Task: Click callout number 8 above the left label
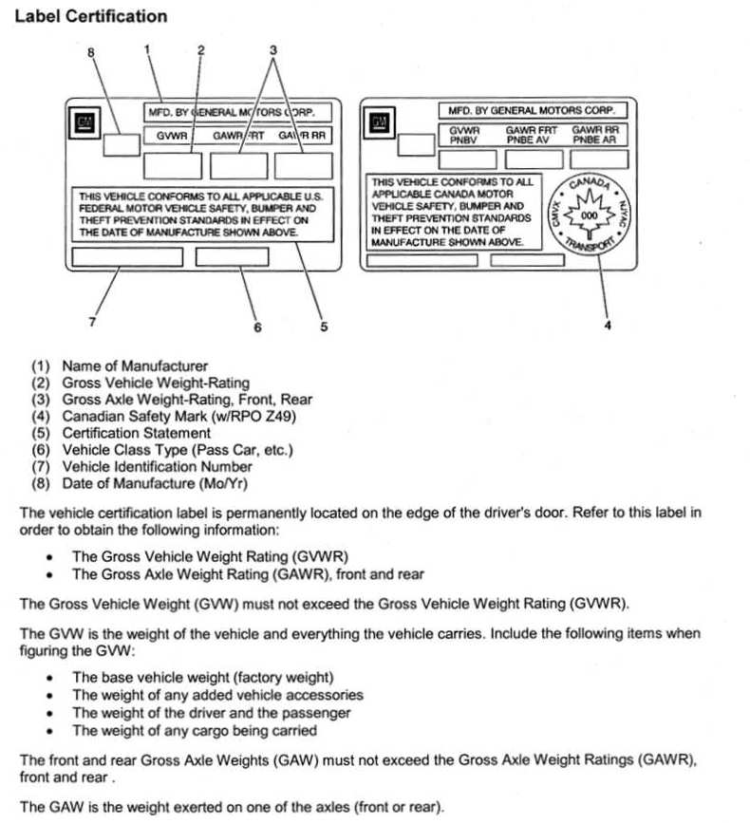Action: pos(92,53)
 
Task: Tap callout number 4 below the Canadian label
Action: pos(608,327)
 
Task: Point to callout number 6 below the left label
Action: pos(256,327)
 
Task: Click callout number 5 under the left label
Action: pos(324,327)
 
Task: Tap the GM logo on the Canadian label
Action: pos(380,122)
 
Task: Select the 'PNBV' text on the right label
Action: pos(465,140)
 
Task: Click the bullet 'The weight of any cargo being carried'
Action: pos(195,731)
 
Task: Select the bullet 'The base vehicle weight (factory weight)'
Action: pos(203,678)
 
